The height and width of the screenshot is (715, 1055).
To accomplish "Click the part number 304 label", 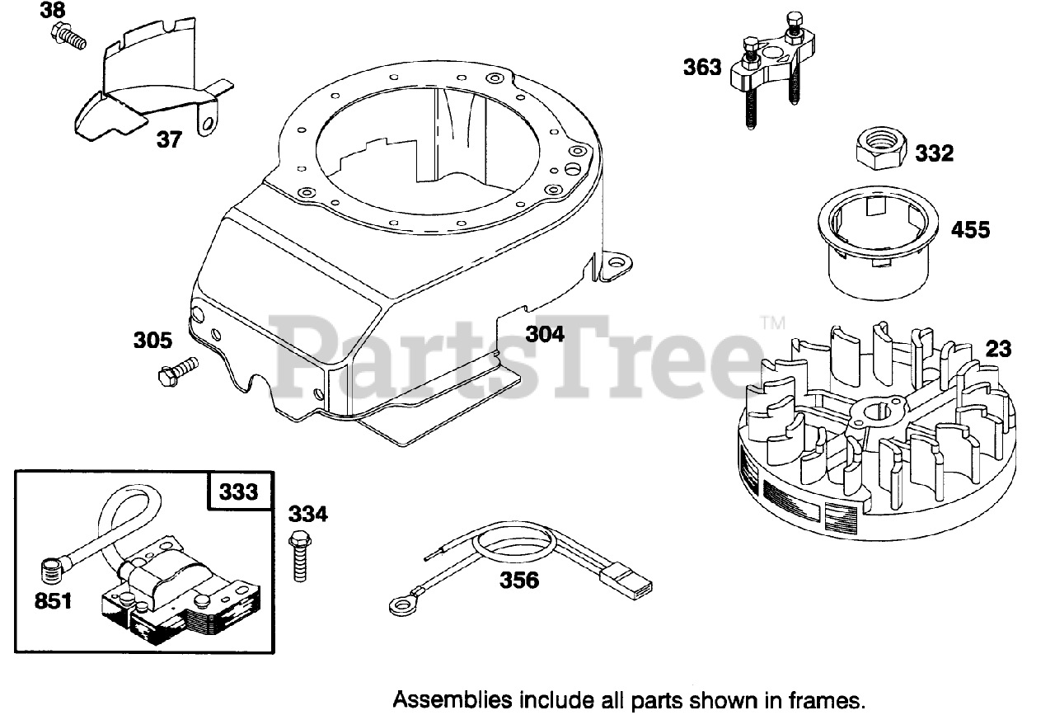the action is point(545,334).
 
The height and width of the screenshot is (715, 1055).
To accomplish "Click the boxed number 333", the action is point(237,492).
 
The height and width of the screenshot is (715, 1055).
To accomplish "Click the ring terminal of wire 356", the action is point(401,607).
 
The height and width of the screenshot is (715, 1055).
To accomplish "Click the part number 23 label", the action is point(998,349).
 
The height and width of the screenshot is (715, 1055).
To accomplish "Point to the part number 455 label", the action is point(970,228).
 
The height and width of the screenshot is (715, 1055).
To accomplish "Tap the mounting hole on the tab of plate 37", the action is point(207,123).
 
